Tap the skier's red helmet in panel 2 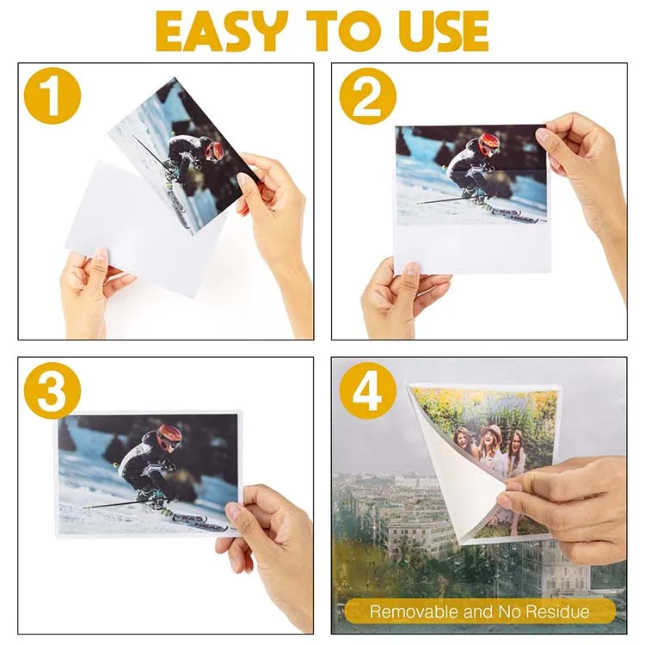click(488, 144)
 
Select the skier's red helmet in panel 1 click(213, 151)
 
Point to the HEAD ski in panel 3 click(193, 515)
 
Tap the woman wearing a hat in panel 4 click(492, 447)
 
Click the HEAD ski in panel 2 click(516, 215)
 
